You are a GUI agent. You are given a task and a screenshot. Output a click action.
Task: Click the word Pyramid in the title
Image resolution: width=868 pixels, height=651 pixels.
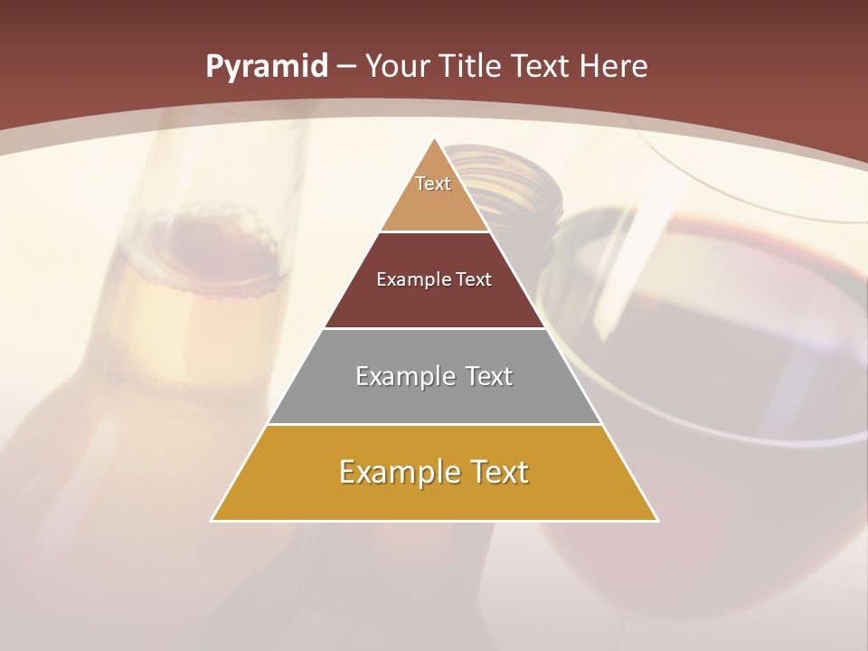click(x=266, y=66)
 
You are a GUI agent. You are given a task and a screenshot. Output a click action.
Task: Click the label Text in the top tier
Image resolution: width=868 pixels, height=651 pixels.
click(x=433, y=184)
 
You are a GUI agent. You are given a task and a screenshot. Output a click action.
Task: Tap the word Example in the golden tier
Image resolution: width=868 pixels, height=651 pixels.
click(x=388, y=472)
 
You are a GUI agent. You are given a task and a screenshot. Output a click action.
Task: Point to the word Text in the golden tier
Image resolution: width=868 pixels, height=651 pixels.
click(x=496, y=472)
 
